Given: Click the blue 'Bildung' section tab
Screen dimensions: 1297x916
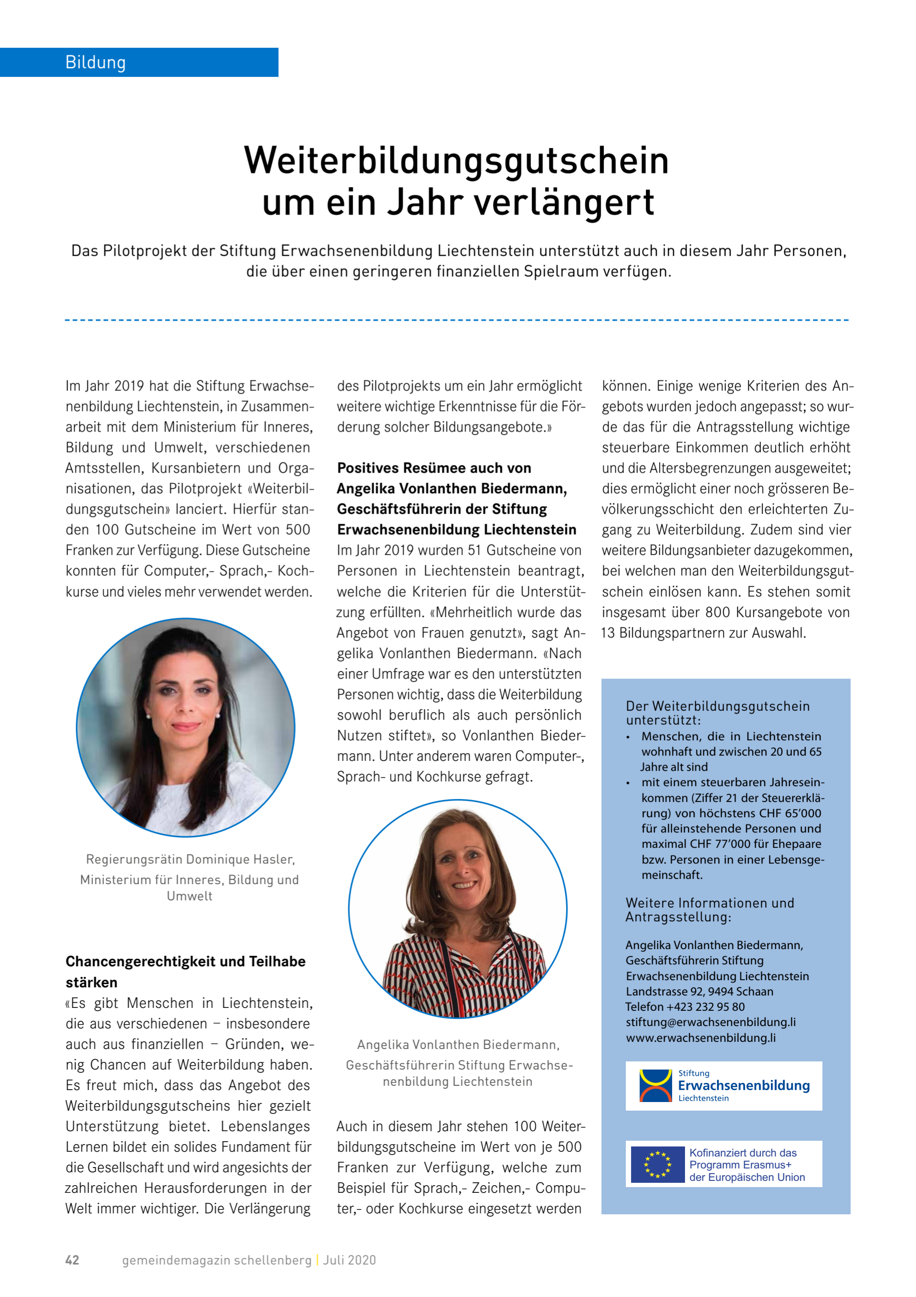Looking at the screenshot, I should [139, 62].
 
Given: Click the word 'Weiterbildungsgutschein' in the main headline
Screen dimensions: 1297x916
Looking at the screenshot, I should [456, 161].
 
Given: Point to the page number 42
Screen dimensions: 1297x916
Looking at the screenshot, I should [72, 1260].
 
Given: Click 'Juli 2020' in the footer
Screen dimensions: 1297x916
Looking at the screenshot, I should [349, 1260].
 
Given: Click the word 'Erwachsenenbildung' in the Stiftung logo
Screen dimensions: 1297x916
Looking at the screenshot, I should [743, 1085].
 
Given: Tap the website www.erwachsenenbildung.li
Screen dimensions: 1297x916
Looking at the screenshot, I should [700, 1038].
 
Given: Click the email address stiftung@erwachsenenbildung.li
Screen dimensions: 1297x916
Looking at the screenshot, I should [711, 1022].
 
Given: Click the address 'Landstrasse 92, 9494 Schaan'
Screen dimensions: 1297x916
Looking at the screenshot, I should [699, 992].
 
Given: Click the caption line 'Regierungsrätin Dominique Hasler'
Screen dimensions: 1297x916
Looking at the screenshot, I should [190, 859].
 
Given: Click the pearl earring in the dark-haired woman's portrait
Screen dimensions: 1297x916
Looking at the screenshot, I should [149, 716].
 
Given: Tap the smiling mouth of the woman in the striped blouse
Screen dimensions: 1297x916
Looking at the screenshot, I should [463, 885].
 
